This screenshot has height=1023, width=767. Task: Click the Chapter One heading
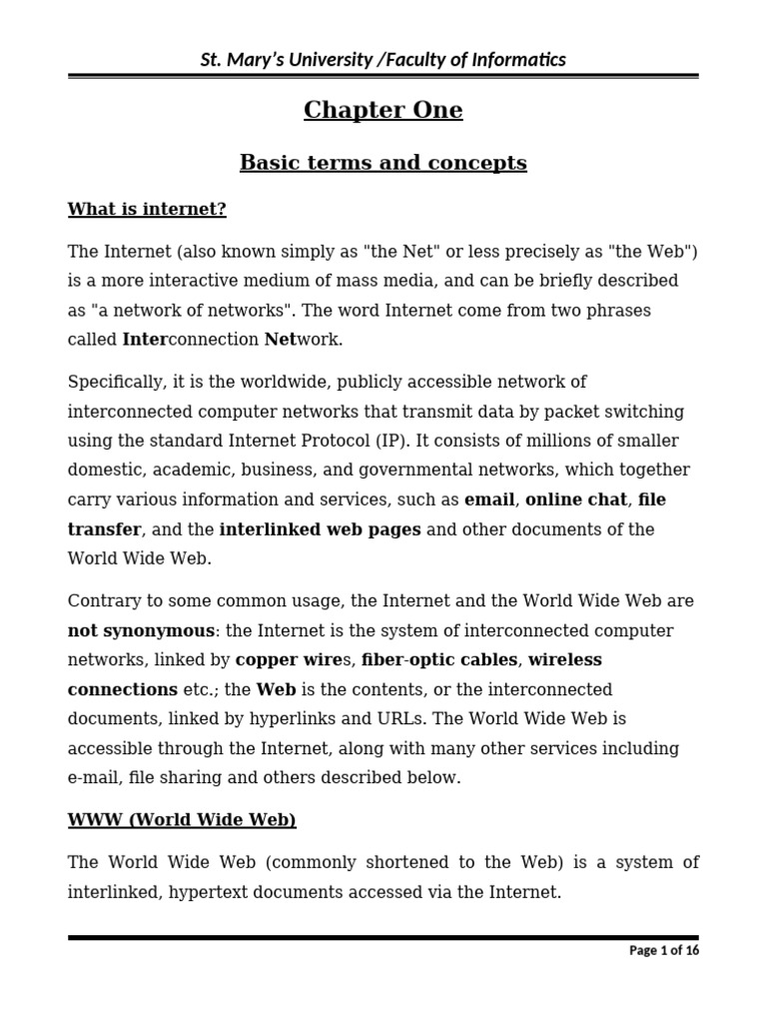(x=383, y=110)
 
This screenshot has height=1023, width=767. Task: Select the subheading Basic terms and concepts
(x=383, y=162)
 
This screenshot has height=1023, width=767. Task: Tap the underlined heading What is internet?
(x=147, y=209)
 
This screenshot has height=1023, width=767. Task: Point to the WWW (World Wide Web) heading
(x=182, y=820)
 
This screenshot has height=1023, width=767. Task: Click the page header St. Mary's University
(x=383, y=60)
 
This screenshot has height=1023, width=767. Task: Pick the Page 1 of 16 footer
(x=664, y=950)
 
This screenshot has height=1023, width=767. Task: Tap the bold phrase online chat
(x=576, y=500)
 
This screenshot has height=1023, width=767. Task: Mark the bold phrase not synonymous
(x=141, y=630)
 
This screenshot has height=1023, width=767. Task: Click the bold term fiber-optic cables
(x=439, y=659)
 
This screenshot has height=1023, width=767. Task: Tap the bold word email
(x=489, y=500)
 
